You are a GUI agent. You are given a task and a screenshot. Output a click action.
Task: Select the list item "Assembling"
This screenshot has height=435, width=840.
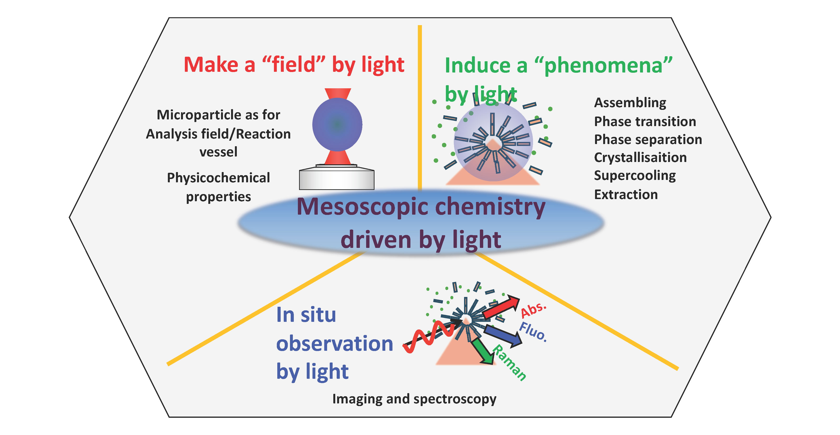pos(630,103)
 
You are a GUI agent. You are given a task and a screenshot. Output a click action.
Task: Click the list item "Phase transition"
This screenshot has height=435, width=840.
pos(645,121)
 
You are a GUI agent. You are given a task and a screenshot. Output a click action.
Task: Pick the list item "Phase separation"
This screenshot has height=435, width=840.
pos(648,139)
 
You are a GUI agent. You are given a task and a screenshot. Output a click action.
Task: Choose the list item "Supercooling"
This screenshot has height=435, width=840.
pos(635,176)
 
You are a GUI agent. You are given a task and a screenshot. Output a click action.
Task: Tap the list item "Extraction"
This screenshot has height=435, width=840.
pos(626,195)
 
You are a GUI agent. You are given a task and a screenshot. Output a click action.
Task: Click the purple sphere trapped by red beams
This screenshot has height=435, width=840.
pos(337,124)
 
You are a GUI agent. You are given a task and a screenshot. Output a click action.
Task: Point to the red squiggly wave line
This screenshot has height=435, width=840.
pos(429,337)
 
